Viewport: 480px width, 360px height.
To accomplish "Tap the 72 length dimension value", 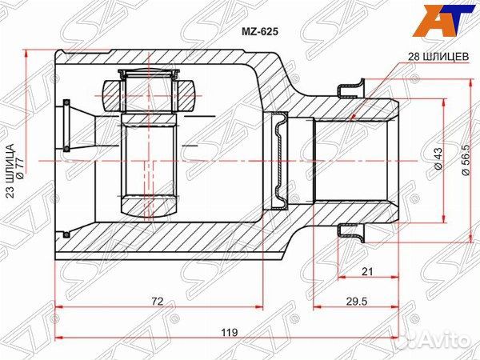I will (158, 301).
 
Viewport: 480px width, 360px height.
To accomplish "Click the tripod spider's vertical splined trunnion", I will (148, 164).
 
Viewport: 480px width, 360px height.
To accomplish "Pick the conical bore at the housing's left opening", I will (78, 129).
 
